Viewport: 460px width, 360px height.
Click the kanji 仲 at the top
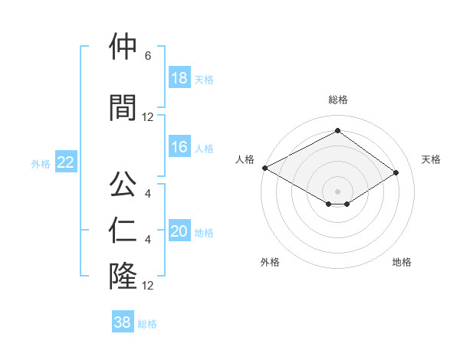point(123,47)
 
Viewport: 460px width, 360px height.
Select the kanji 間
point(123,107)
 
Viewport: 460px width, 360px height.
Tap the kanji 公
point(123,184)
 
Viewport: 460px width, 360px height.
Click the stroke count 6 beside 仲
point(147,56)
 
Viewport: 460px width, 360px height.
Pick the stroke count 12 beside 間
point(148,116)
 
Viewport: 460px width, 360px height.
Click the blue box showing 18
point(179,78)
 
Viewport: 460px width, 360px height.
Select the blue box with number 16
point(179,147)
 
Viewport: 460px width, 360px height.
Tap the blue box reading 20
point(179,231)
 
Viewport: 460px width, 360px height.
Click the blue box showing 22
point(66,162)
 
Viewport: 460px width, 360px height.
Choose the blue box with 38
point(123,322)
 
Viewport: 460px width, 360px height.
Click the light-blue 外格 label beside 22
point(41,163)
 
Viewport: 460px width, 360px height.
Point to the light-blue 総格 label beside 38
point(148,323)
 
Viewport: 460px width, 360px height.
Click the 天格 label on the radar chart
point(432,159)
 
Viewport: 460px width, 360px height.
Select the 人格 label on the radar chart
point(245,159)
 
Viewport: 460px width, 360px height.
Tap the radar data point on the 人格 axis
point(264,168)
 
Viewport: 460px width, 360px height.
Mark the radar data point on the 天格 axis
point(396,173)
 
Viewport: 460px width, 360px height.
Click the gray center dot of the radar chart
point(337,190)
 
